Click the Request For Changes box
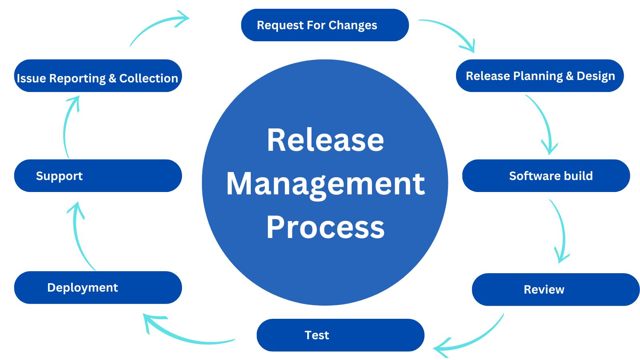point(325,25)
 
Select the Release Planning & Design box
point(540,76)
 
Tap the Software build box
point(546,176)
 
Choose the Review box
point(556,290)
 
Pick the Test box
point(340,335)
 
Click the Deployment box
point(98,288)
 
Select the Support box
point(98,176)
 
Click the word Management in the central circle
point(325,184)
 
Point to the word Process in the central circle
point(325,227)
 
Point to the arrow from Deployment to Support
point(78,236)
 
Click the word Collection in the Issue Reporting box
point(148,78)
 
